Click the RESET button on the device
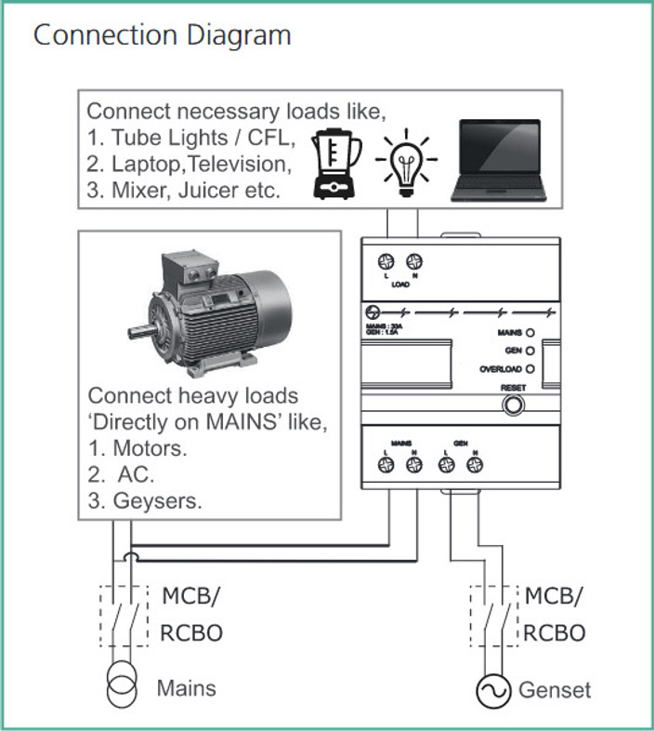pyautogui.click(x=511, y=405)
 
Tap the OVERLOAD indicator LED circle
pyautogui.click(x=530, y=369)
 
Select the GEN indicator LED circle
pyautogui.click(x=530, y=351)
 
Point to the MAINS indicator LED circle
pyautogui.click(x=530, y=332)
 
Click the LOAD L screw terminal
pyautogui.click(x=383, y=263)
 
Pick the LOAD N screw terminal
pyautogui.click(x=413, y=263)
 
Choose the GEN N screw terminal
pyautogui.click(x=474, y=470)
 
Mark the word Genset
pyautogui.click(x=554, y=690)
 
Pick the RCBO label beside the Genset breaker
pyautogui.click(x=555, y=633)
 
